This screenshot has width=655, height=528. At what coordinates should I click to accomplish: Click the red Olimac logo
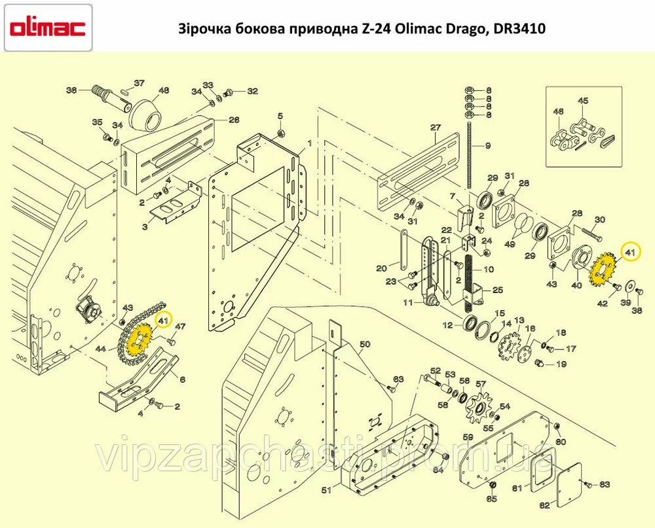coord(47,28)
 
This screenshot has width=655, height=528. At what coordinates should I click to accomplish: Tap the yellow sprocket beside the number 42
coord(604,271)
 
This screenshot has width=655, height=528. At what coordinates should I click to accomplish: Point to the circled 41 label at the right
coord(630,252)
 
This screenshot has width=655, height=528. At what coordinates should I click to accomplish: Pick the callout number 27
coord(436,128)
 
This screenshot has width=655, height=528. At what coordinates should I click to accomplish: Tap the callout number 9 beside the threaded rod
coord(488,146)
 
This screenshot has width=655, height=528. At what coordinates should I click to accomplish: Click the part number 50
coord(365,344)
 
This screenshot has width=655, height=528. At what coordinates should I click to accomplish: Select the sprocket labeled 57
coord(478,408)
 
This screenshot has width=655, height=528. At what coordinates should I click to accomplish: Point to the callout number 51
coord(327,489)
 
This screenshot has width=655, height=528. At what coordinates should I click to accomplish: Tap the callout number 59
coord(469,438)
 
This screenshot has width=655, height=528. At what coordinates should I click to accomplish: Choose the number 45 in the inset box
coord(583,101)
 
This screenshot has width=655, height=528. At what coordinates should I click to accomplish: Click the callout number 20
coord(381,268)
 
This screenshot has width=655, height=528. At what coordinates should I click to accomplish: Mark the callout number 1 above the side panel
coord(310,143)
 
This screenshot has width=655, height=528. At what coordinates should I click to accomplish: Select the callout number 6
coord(182,380)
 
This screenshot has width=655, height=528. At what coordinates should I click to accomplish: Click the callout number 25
coord(498,290)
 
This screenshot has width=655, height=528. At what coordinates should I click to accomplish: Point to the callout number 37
coord(139,83)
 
